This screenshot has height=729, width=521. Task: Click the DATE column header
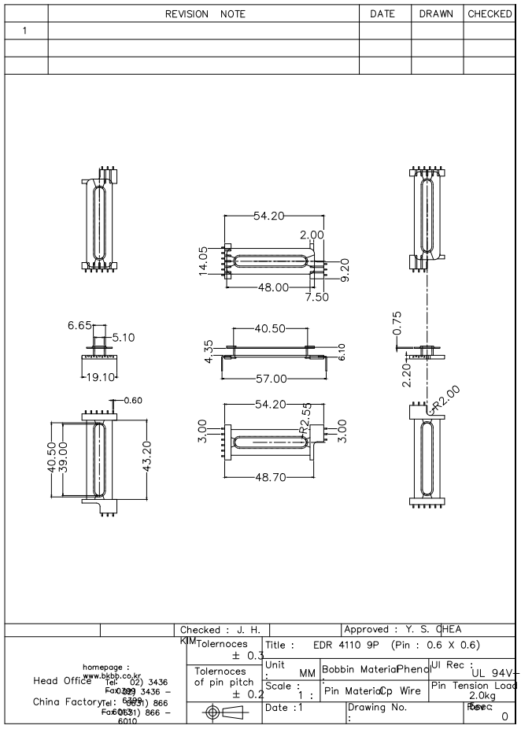[384, 13]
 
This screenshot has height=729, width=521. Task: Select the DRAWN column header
[437, 13]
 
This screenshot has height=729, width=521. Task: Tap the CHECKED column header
[490, 13]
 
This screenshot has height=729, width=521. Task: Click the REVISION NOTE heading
[205, 13]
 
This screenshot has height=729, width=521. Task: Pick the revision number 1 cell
[24, 31]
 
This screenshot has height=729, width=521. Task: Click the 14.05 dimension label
[203, 261]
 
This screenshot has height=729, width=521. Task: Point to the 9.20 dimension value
[345, 269]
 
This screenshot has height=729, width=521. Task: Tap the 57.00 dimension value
[272, 379]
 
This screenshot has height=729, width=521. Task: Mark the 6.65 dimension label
[80, 325]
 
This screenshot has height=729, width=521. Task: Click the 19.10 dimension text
[100, 376]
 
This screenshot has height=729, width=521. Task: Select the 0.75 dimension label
[397, 322]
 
